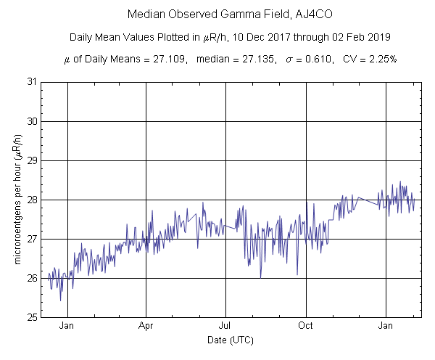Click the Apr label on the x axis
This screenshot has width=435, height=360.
146,327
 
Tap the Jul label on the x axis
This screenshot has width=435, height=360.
226,327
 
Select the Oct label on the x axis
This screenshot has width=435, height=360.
307,327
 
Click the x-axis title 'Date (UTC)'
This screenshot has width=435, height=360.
230,340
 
